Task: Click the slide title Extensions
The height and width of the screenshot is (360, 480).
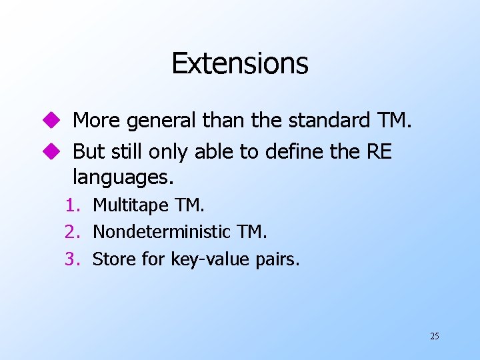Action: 240,63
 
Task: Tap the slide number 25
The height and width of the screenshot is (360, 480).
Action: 435,336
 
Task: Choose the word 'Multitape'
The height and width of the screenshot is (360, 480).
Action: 130,206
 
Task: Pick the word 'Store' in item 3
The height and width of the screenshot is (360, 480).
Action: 113,259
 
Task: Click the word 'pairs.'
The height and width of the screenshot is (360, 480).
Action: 277,259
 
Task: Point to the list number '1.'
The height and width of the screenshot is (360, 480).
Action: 73,206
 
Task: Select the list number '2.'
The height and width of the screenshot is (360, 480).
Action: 73,232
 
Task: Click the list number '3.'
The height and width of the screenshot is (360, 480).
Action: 73,259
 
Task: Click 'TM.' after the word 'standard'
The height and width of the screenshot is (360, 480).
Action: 395,121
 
